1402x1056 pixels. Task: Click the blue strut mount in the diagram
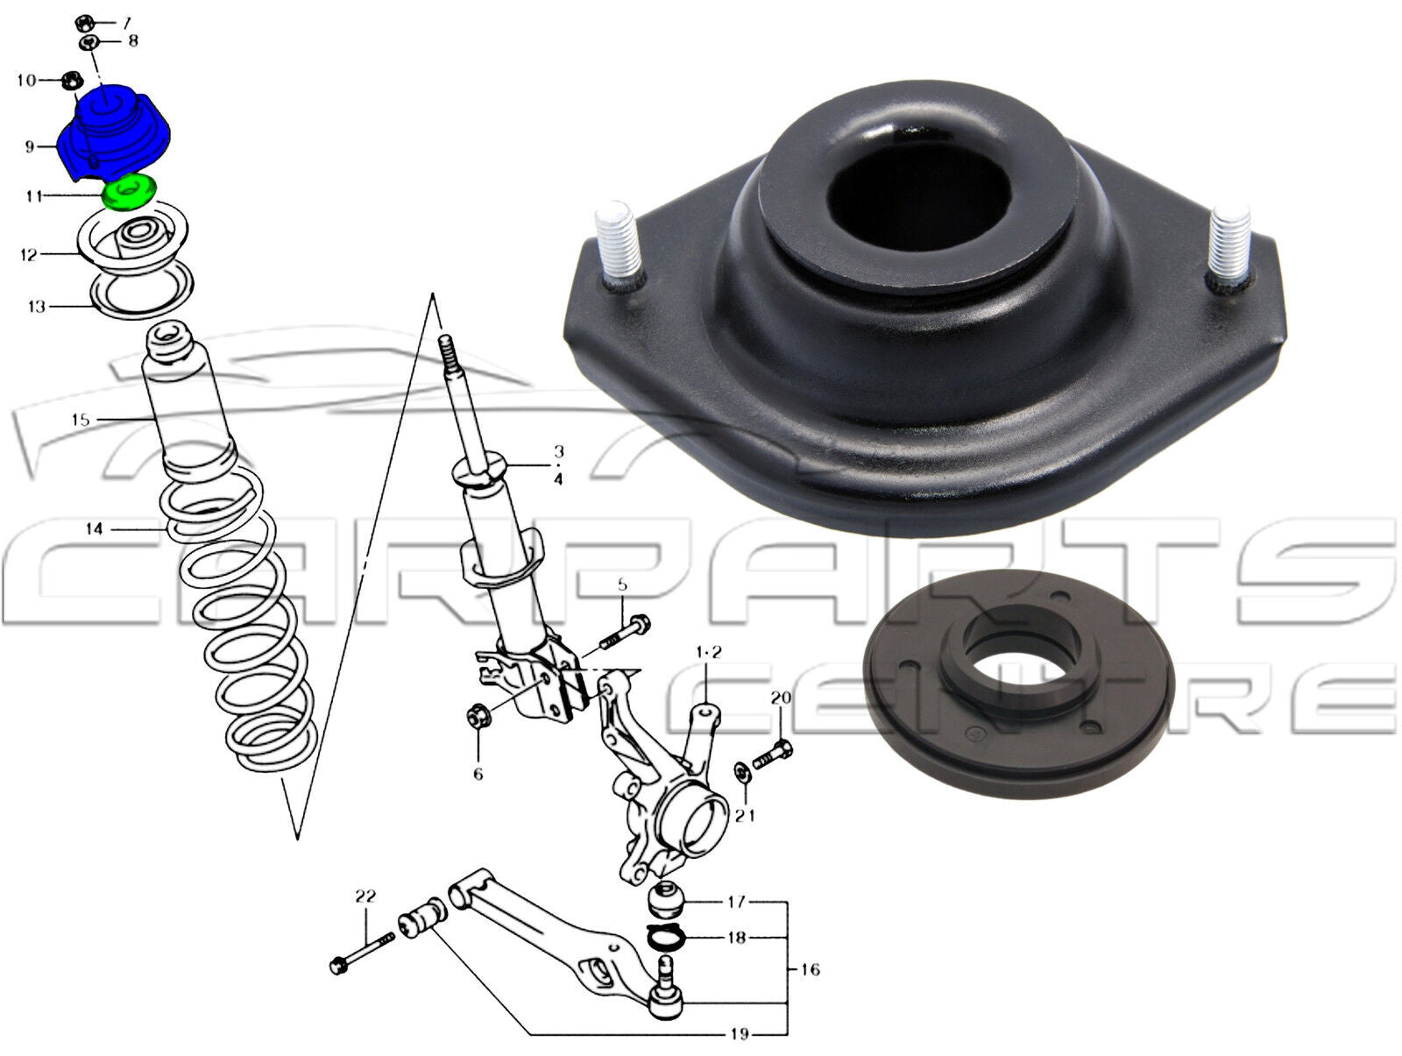click(114, 134)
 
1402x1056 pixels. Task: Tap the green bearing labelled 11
click(129, 191)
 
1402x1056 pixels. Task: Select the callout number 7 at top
click(126, 23)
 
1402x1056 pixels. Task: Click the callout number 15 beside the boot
click(81, 420)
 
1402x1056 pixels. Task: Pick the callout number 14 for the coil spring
click(94, 529)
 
